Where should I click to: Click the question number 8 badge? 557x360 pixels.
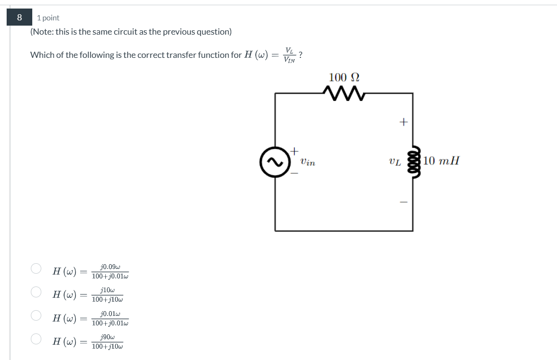coord(19,18)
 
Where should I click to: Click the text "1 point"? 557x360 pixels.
coord(48,18)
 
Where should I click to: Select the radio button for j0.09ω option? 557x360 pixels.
coord(36,268)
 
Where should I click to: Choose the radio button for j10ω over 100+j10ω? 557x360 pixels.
coord(36,292)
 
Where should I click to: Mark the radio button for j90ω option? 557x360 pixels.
coord(36,339)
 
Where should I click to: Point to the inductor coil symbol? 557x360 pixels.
coord(412,161)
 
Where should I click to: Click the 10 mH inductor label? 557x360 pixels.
coord(441,161)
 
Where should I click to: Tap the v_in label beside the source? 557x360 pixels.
coord(307,162)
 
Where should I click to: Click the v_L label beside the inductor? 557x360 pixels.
coord(394,162)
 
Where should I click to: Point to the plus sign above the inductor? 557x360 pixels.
coord(403,122)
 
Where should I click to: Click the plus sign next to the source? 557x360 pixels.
coord(294,151)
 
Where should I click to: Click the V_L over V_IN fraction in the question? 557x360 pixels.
coord(289,55)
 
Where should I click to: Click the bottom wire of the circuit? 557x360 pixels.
coord(343,231)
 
